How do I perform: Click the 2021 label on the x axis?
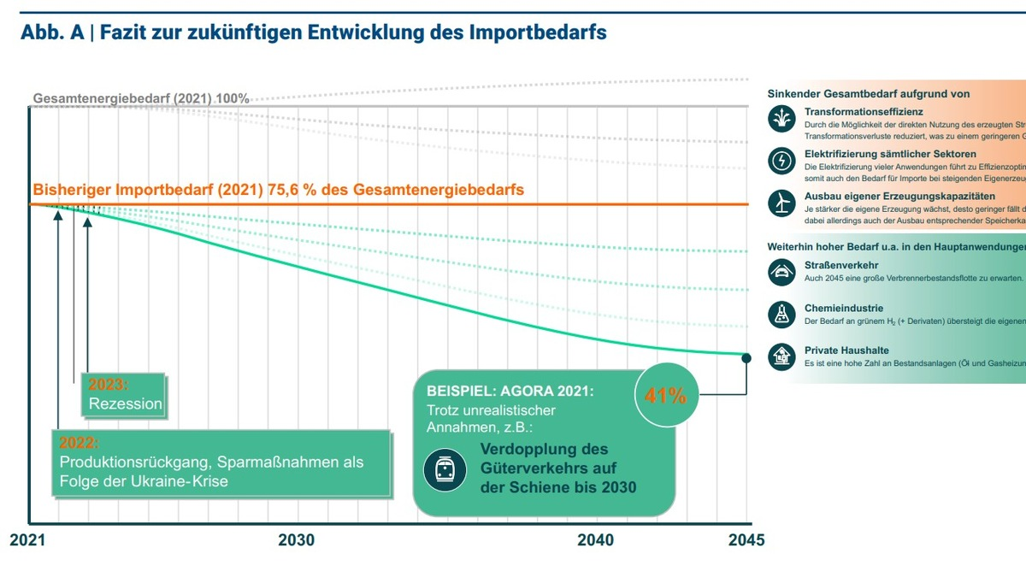pyautogui.click(x=27, y=540)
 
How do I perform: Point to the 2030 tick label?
pyautogui.click(x=296, y=540)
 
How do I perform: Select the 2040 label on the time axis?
pyautogui.click(x=595, y=540)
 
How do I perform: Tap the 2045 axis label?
pyautogui.click(x=746, y=540)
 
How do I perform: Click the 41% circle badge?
pyautogui.click(x=666, y=396)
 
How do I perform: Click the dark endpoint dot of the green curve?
pyautogui.click(x=746, y=358)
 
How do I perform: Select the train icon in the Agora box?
pyautogui.click(x=445, y=469)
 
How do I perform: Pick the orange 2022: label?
pyautogui.click(x=79, y=443)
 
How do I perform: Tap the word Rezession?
pyautogui.click(x=125, y=403)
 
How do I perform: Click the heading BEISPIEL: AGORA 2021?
pyautogui.click(x=510, y=391)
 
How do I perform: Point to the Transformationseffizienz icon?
pyautogui.click(x=781, y=119)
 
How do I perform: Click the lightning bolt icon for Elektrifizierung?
pyautogui.click(x=781, y=160)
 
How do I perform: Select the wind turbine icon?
pyautogui.click(x=781, y=202)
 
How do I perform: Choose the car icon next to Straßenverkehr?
pyautogui.click(x=781, y=272)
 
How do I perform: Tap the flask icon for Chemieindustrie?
pyautogui.click(x=781, y=313)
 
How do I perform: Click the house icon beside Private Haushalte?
pyautogui.click(x=781, y=356)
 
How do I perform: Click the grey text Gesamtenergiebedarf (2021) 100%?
pyautogui.click(x=141, y=98)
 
